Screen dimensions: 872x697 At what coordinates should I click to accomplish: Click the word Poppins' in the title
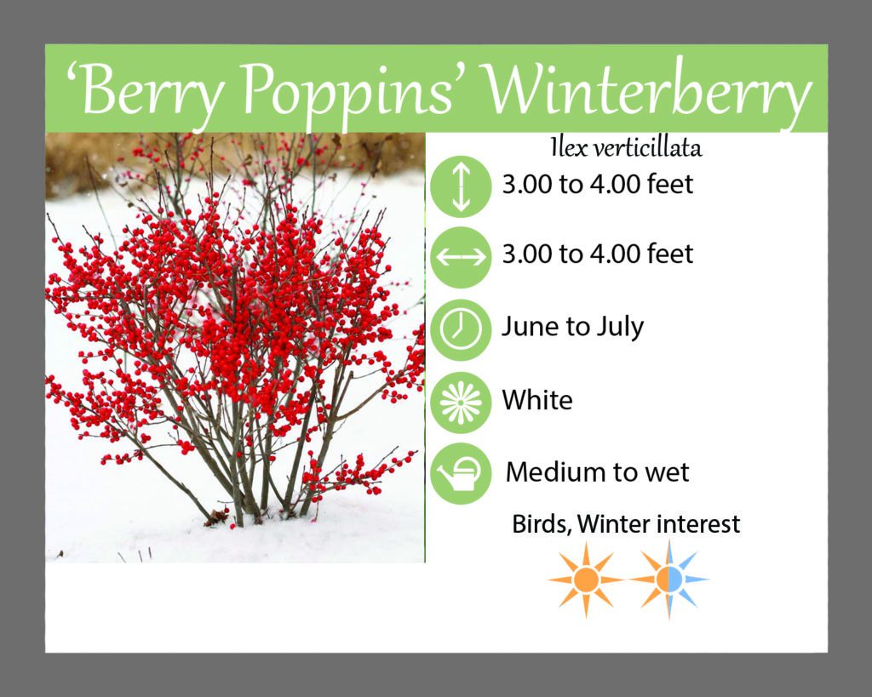coord(347,92)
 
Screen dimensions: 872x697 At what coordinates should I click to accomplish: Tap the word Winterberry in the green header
coord(647,92)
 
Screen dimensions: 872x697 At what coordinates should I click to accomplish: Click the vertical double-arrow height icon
coord(461,186)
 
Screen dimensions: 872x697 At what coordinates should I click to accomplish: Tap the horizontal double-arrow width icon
coord(461,257)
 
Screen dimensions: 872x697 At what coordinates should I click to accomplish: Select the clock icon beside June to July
coord(461,329)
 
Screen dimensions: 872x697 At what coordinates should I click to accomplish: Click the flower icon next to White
coord(461,403)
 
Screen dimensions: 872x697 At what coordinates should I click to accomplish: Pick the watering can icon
coord(461,473)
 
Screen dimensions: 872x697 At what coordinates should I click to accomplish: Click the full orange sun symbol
coord(586,580)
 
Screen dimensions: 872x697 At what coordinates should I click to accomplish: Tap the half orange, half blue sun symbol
coord(669,580)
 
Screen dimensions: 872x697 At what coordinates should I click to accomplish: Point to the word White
coord(537,400)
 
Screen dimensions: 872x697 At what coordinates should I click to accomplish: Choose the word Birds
coord(542,524)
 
